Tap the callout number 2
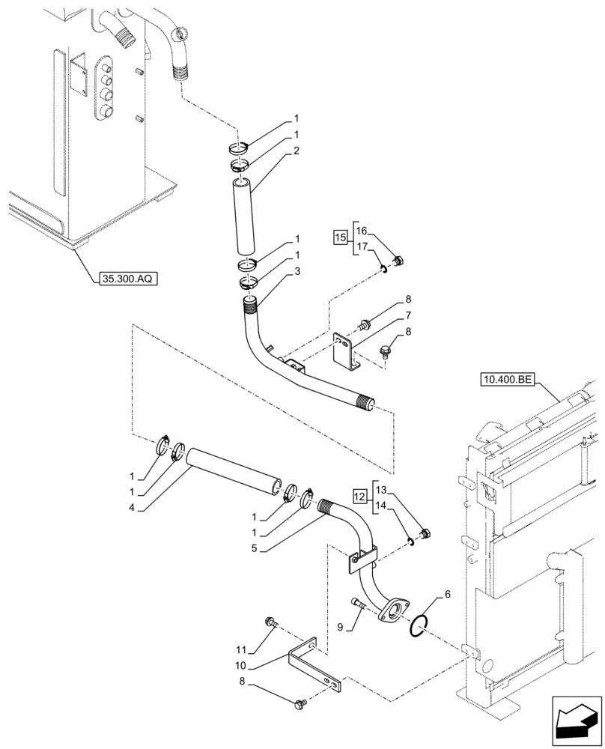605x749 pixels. pyautogui.click(x=297, y=151)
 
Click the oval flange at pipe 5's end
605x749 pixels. pyautogui.click(x=390, y=609)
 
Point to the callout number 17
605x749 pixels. pyautogui.click(x=362, y=246)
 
